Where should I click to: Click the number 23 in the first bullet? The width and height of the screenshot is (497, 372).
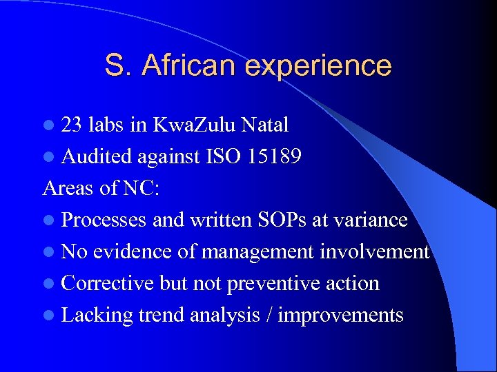[x=71, y=125]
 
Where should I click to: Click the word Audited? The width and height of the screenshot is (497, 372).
[x=97, y=156]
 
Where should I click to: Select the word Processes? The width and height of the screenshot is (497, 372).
[x=104, y=220]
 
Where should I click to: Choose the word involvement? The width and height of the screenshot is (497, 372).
[x=375, y=251]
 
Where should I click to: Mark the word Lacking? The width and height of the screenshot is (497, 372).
[x=97, y=316]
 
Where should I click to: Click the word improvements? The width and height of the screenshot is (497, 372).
[x=340, y=316]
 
